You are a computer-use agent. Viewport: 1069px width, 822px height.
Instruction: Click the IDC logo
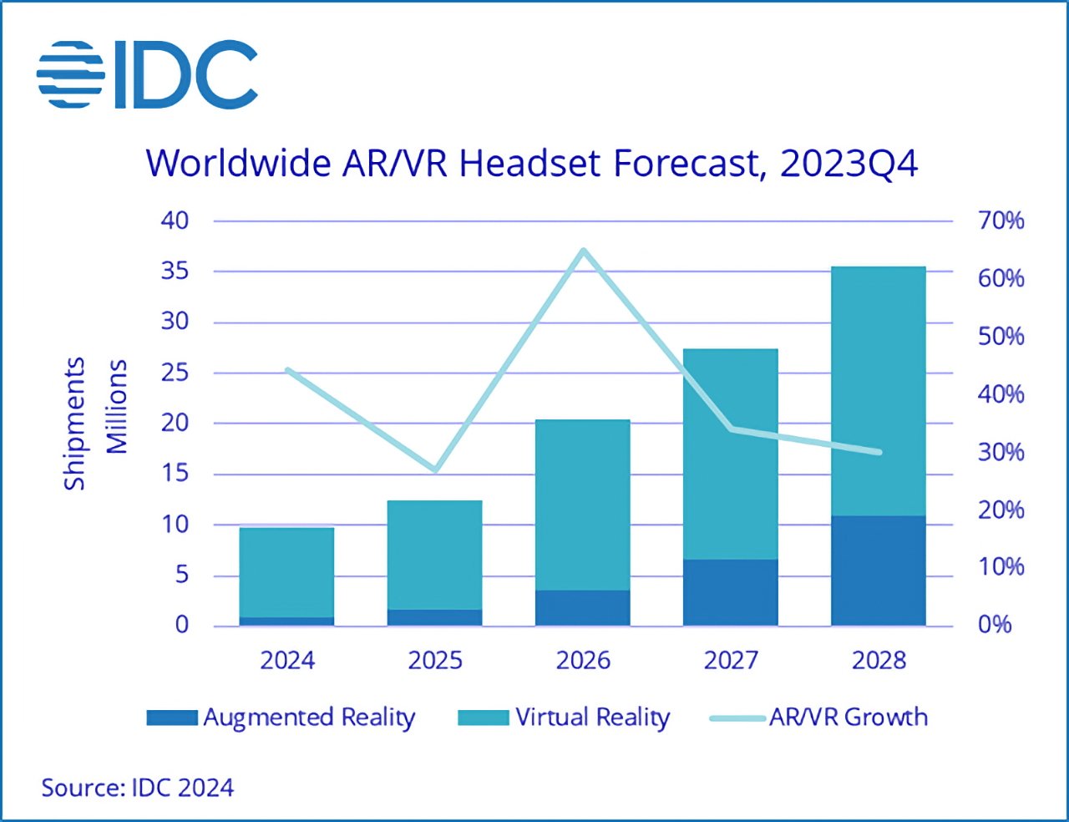tap(147, 74)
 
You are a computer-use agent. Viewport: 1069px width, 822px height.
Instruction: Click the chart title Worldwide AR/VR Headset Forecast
tap(531, 162)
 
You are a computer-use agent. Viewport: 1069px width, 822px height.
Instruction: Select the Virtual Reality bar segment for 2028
tap(878, 391)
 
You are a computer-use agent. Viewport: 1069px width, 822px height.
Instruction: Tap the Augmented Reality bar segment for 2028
tap(878, 571)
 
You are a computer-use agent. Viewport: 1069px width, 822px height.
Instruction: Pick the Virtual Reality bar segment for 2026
tap(582, 505)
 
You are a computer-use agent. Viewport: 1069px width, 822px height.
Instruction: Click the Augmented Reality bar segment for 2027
tap(730, 592)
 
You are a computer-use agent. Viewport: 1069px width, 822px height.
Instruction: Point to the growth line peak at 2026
tap(583, 251)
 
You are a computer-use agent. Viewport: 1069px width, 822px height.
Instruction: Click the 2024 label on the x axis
tap(287, 660)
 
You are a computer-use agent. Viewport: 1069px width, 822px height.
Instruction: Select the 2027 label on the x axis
tap(731, 660)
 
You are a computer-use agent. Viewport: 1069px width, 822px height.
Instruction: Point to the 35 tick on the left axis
tap(175, 271)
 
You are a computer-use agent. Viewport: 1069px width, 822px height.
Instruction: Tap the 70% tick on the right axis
tap(1001, 221)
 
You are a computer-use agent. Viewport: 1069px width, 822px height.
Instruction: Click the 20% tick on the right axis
tap(1001, 510)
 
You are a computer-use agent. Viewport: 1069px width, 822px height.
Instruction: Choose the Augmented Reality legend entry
tap(281, 718)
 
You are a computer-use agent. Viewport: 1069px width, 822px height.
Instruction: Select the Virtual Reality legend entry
tap(565, 718)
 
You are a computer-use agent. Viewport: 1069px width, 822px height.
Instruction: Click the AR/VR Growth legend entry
tap(819, 718)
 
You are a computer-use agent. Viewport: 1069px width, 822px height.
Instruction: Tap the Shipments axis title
tap(74, 424)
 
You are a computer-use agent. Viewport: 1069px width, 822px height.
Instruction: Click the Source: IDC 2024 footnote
tap(138, 788)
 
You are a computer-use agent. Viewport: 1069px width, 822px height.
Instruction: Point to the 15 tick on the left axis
tap(175, 474)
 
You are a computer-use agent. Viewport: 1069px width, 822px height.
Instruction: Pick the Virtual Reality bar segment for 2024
tap(286, 572)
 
